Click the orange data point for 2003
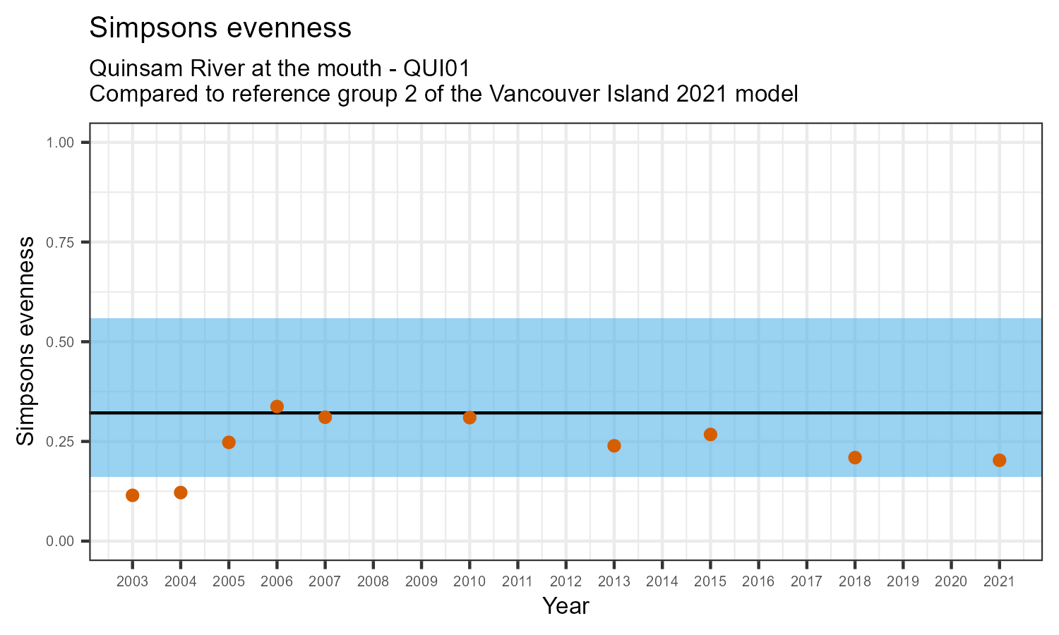pyautogui.click(x=132, y=495)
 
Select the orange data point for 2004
pyautogui.click(x=181, y=492)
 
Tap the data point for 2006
pyautogui.click(x=277, y=406)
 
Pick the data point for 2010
pyautogui.click(x=469, y=418)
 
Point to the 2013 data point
pyautogui.click(x=614, y=446)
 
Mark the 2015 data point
pyautogui.click(x=710, y=435)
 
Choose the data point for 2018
pyautogui.click(x=855, y=458)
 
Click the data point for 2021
pyautogui.click(x=999, y=461)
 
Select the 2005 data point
pyautogui.click(x=229, y=442)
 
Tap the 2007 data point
pyautogui.click(x=325, y=417)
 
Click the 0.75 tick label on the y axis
pyautogui.click(x=60, y=243)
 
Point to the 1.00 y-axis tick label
pyautogui.click(x=60, y=143)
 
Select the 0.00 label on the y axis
pyautogui.click(x=60, y=541)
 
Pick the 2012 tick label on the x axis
pyautogui.click(x=566, y=582)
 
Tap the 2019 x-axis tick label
pyautogui.click(x=903, y=582)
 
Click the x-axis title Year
pyautogui.click(x=566, y=606)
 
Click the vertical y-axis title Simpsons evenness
pyautogui.click(x=25, y=341)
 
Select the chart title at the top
pyautogui.click(x=220, y=28)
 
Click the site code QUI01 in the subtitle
pyautogui.click(x=436, y=68)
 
